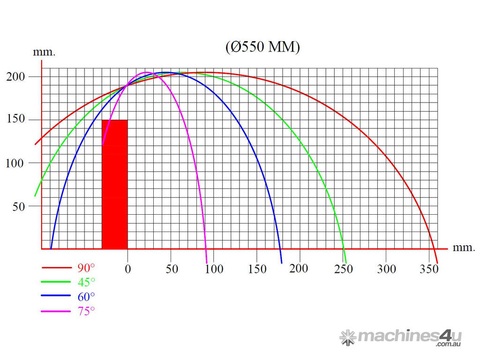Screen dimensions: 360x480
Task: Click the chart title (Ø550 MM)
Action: tap(262, 47)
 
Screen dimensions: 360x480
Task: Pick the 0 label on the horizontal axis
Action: tap(127, 269)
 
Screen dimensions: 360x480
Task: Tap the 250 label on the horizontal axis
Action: tap(344, 269)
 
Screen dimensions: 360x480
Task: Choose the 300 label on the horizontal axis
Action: tap(387, 269)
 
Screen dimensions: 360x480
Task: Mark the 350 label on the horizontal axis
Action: tap(429, 269)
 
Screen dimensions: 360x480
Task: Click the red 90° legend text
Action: tap(86, 268)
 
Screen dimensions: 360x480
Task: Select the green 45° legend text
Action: tap(86, 282)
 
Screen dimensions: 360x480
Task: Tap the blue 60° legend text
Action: tap(86, 296)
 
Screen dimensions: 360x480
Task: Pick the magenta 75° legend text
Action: tap(86, 310)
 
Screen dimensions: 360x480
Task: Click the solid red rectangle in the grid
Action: tap(114, 184)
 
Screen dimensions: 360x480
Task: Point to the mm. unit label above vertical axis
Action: tap(44, 52)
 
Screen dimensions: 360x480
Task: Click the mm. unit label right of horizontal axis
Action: tap(464, 248)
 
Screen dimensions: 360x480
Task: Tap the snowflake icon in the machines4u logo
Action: tap(347, 337)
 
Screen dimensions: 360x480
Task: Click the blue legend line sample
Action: tap(56, 296)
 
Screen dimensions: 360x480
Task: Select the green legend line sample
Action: tap(56, 282)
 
